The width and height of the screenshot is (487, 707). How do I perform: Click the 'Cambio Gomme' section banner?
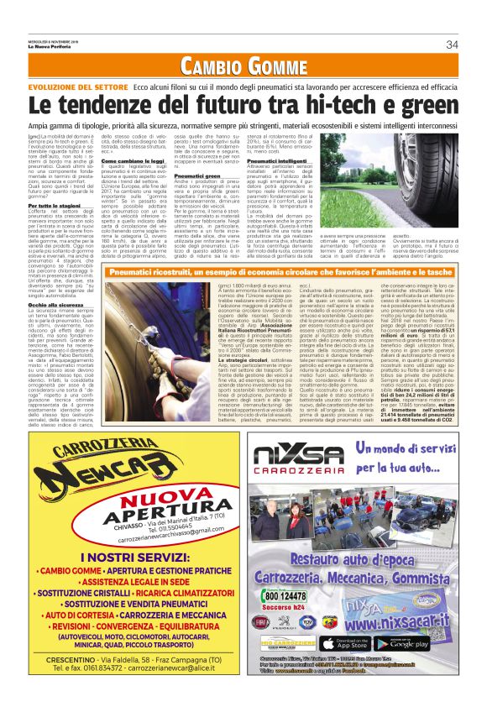point(243,65)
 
